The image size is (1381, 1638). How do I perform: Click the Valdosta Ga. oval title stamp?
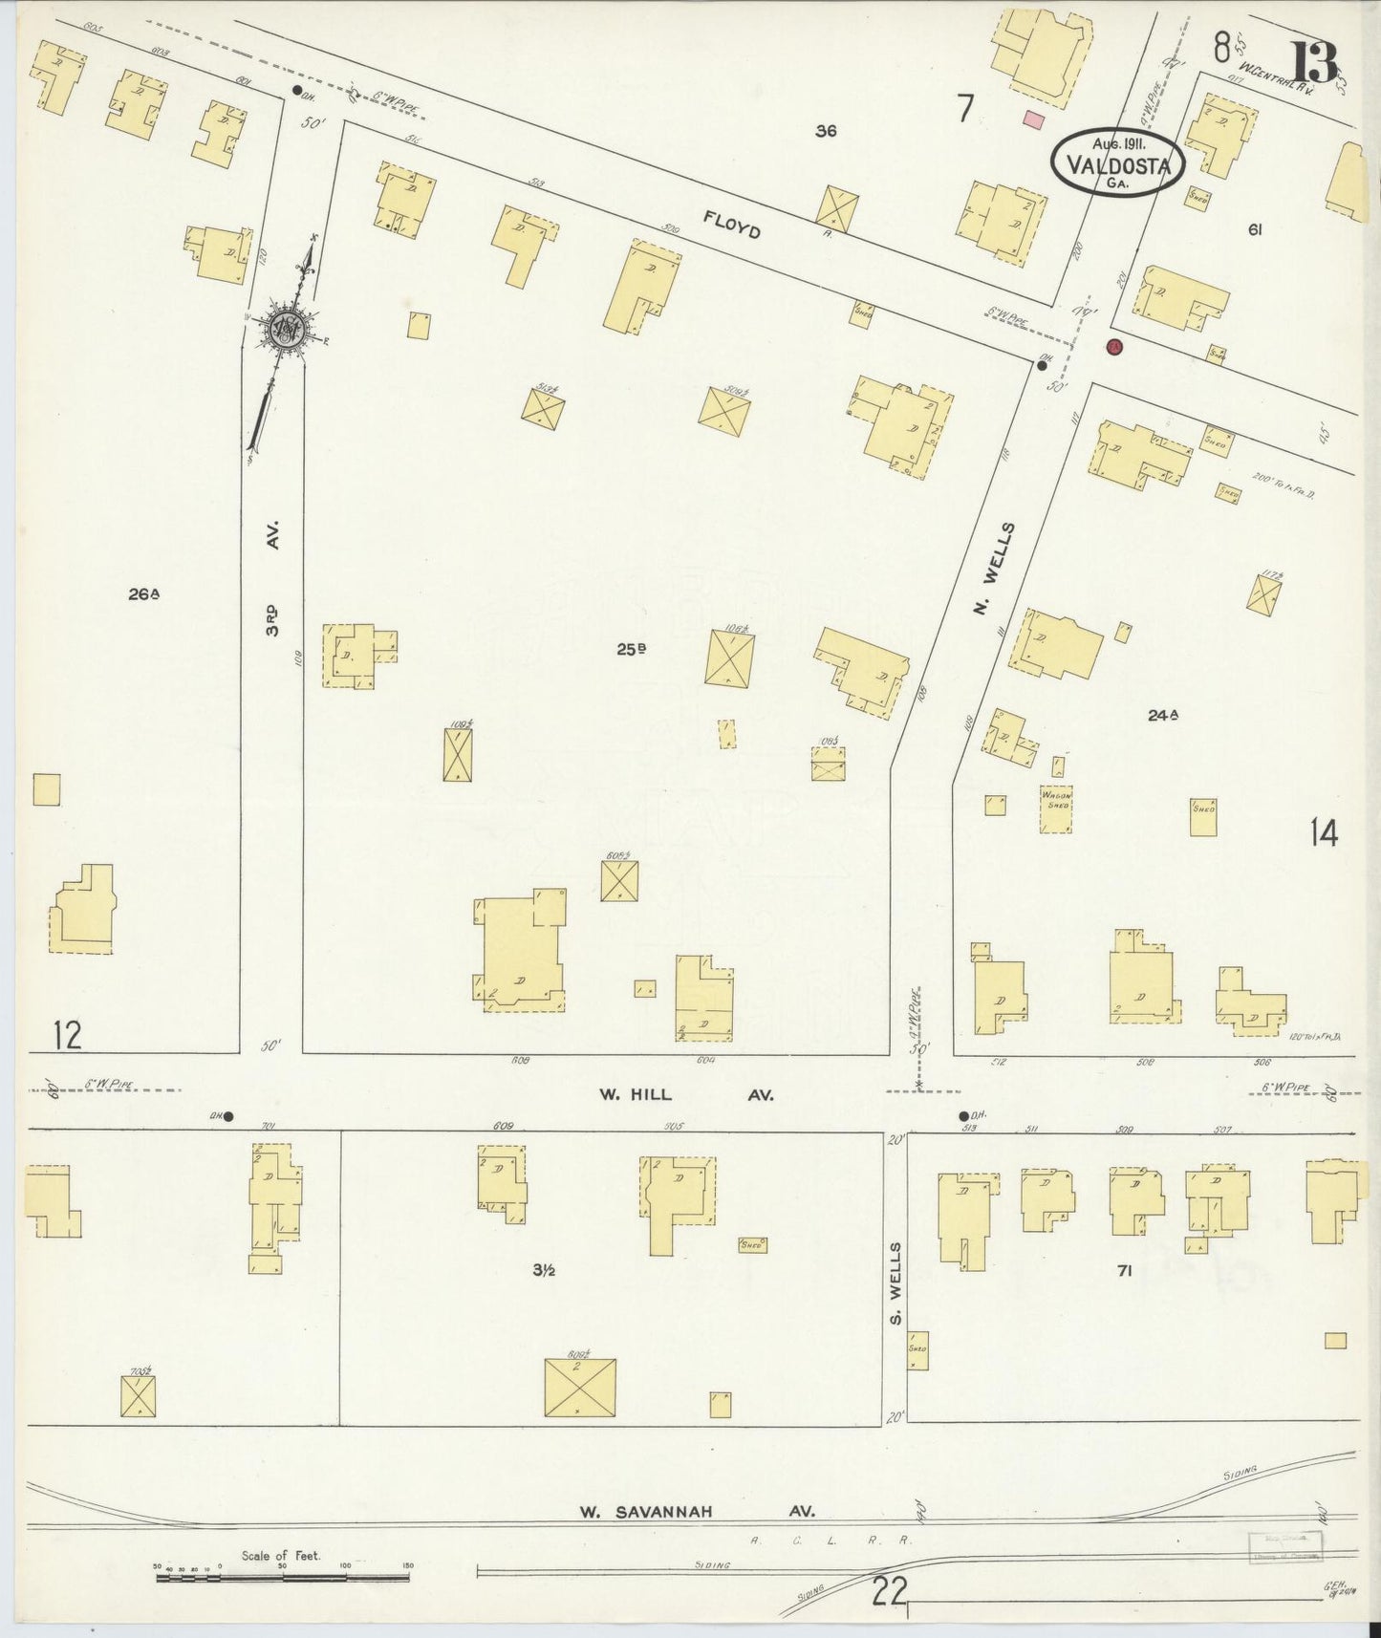(1118, 162)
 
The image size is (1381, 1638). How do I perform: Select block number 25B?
(631, 649)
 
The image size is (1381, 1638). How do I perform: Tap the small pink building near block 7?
(1033, 119)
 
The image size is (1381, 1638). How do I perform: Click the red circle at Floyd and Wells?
(1113, 347)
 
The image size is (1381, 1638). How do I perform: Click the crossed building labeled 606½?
(580, 1388)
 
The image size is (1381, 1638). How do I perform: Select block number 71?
(1124, 1271)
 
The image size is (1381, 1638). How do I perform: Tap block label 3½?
(545, 1270)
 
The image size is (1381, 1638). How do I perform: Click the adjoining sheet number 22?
(889, 1592)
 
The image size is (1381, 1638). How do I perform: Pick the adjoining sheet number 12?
(67, 1035)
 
